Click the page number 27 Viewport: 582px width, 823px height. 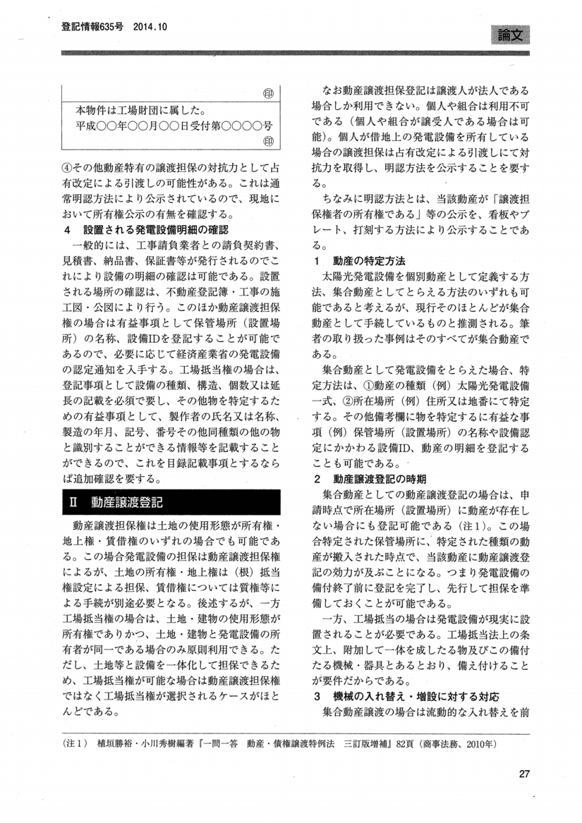click(523, 774)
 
